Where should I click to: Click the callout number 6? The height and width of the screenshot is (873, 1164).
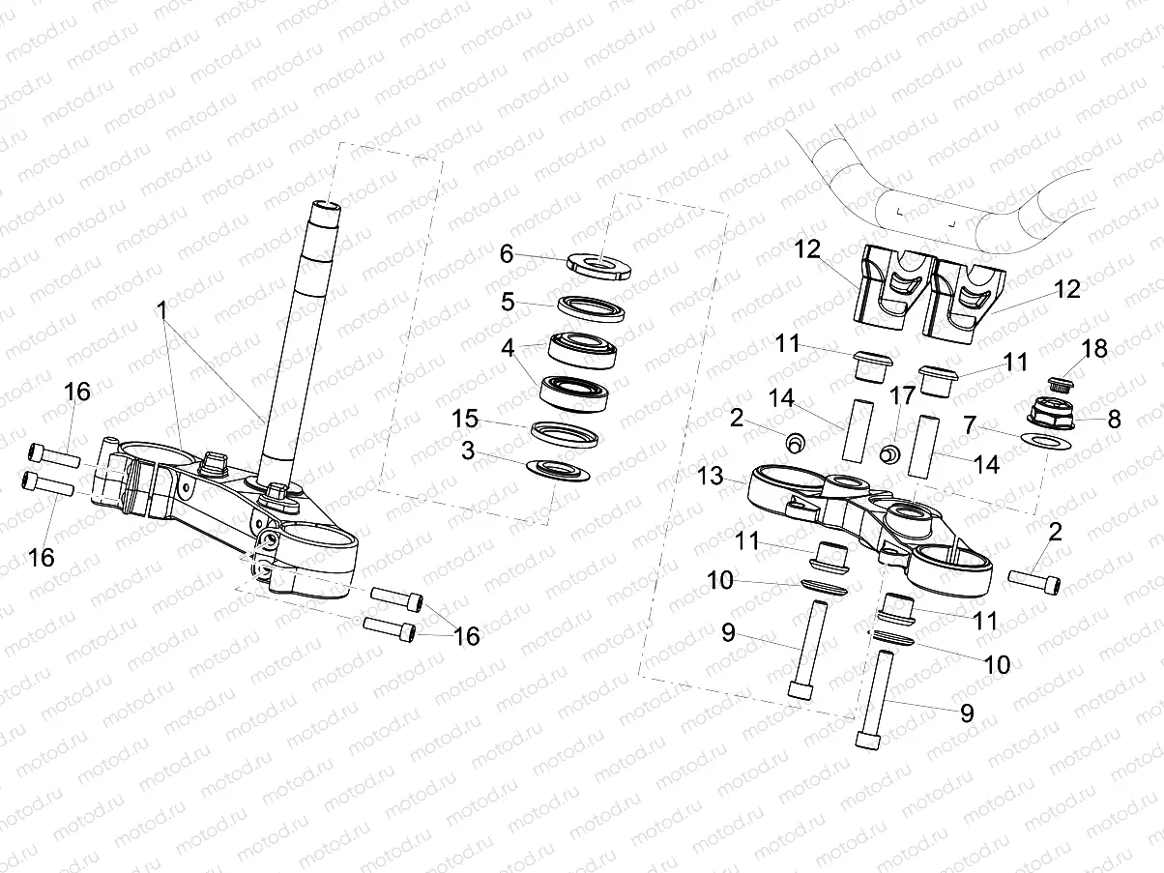pyautogui.click(x=506, y=254)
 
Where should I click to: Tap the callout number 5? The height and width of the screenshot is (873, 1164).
pyautogui.click(x=508, y=301)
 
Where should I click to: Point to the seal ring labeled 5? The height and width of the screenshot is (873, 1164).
pyautogui.click(x=591, y=308)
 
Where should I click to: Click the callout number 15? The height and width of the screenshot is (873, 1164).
pyautogui.click(x=466, y=419)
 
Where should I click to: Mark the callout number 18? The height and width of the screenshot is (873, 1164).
pyautogui.click(x=1095, y=349)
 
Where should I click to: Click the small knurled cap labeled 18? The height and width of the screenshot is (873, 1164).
pyautogui.click(x=1062, y=383)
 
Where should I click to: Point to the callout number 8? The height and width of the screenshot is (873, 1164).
pyautogui.click(x=1114, y=420)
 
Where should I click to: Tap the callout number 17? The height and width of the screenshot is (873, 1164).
pyautogui.click(x=902, y=395)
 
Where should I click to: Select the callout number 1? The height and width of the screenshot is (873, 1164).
pyautogui.click(x=162, y=310)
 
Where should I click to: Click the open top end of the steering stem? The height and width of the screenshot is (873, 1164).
pyautogui.click(x=326, y=206)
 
